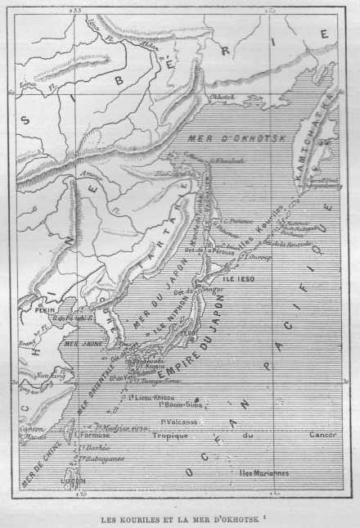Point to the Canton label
pyautogui.click(x=32, y=426)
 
